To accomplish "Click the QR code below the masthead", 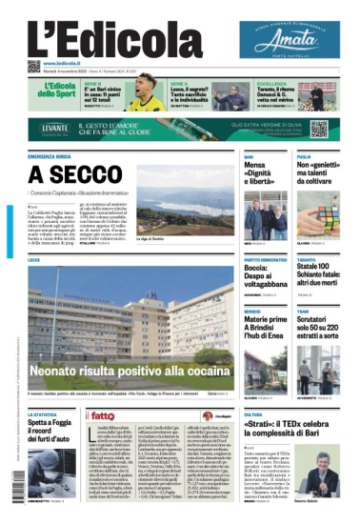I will pyautogui.click(x=34, y=67).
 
